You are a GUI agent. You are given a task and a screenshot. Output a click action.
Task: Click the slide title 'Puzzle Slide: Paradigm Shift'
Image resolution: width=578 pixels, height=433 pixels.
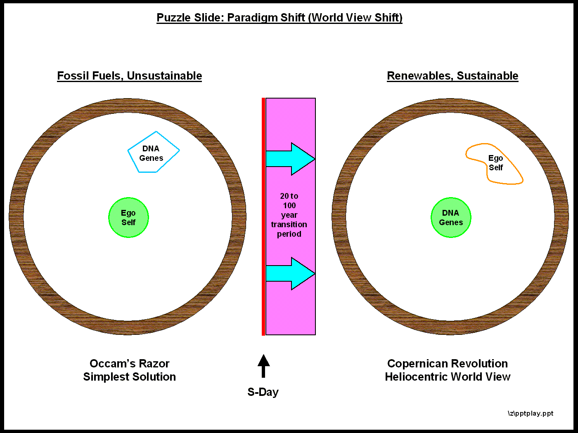[x=279, y=18]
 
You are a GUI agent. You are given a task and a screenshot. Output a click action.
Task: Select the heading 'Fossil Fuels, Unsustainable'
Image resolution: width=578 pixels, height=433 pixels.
[x=129, y=76]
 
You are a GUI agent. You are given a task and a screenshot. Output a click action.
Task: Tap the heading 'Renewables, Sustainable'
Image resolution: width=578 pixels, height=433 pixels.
[x=452, y=76]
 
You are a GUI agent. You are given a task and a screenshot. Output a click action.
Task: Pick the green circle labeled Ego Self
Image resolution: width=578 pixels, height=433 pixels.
[x=128, y=218]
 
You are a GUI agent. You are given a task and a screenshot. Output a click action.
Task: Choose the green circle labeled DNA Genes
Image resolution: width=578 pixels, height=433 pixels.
[x=451, y=218]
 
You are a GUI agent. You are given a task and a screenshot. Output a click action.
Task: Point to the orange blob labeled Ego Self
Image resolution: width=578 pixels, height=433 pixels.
[x=495, y=164]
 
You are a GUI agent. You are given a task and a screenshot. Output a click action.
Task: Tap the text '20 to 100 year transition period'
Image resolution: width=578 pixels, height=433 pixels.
[x=289, y=215]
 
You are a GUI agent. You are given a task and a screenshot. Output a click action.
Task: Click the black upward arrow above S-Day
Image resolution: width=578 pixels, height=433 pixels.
[x=263, y=366]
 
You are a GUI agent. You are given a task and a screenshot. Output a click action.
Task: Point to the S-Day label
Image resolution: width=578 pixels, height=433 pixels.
[x=263, y=392]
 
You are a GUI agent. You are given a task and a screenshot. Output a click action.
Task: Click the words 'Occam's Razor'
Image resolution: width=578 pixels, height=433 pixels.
[x=130, y=364]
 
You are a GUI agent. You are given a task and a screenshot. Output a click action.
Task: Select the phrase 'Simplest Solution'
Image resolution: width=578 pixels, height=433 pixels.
[x=130, y=377]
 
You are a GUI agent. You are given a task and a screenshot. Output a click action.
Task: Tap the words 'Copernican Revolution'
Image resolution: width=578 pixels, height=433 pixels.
[x=448, y=364]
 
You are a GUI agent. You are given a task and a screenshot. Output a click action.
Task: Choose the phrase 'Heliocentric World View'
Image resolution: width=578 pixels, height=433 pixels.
[x=448, y=377]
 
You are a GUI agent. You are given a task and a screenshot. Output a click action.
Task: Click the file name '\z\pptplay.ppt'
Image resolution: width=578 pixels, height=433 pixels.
[x=530, y=413]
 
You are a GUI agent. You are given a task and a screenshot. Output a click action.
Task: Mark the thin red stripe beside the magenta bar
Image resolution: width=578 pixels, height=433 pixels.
[x=263, y=216]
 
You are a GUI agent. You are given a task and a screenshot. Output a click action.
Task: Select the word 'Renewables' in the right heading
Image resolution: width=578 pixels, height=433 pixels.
[x=419, y=76]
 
